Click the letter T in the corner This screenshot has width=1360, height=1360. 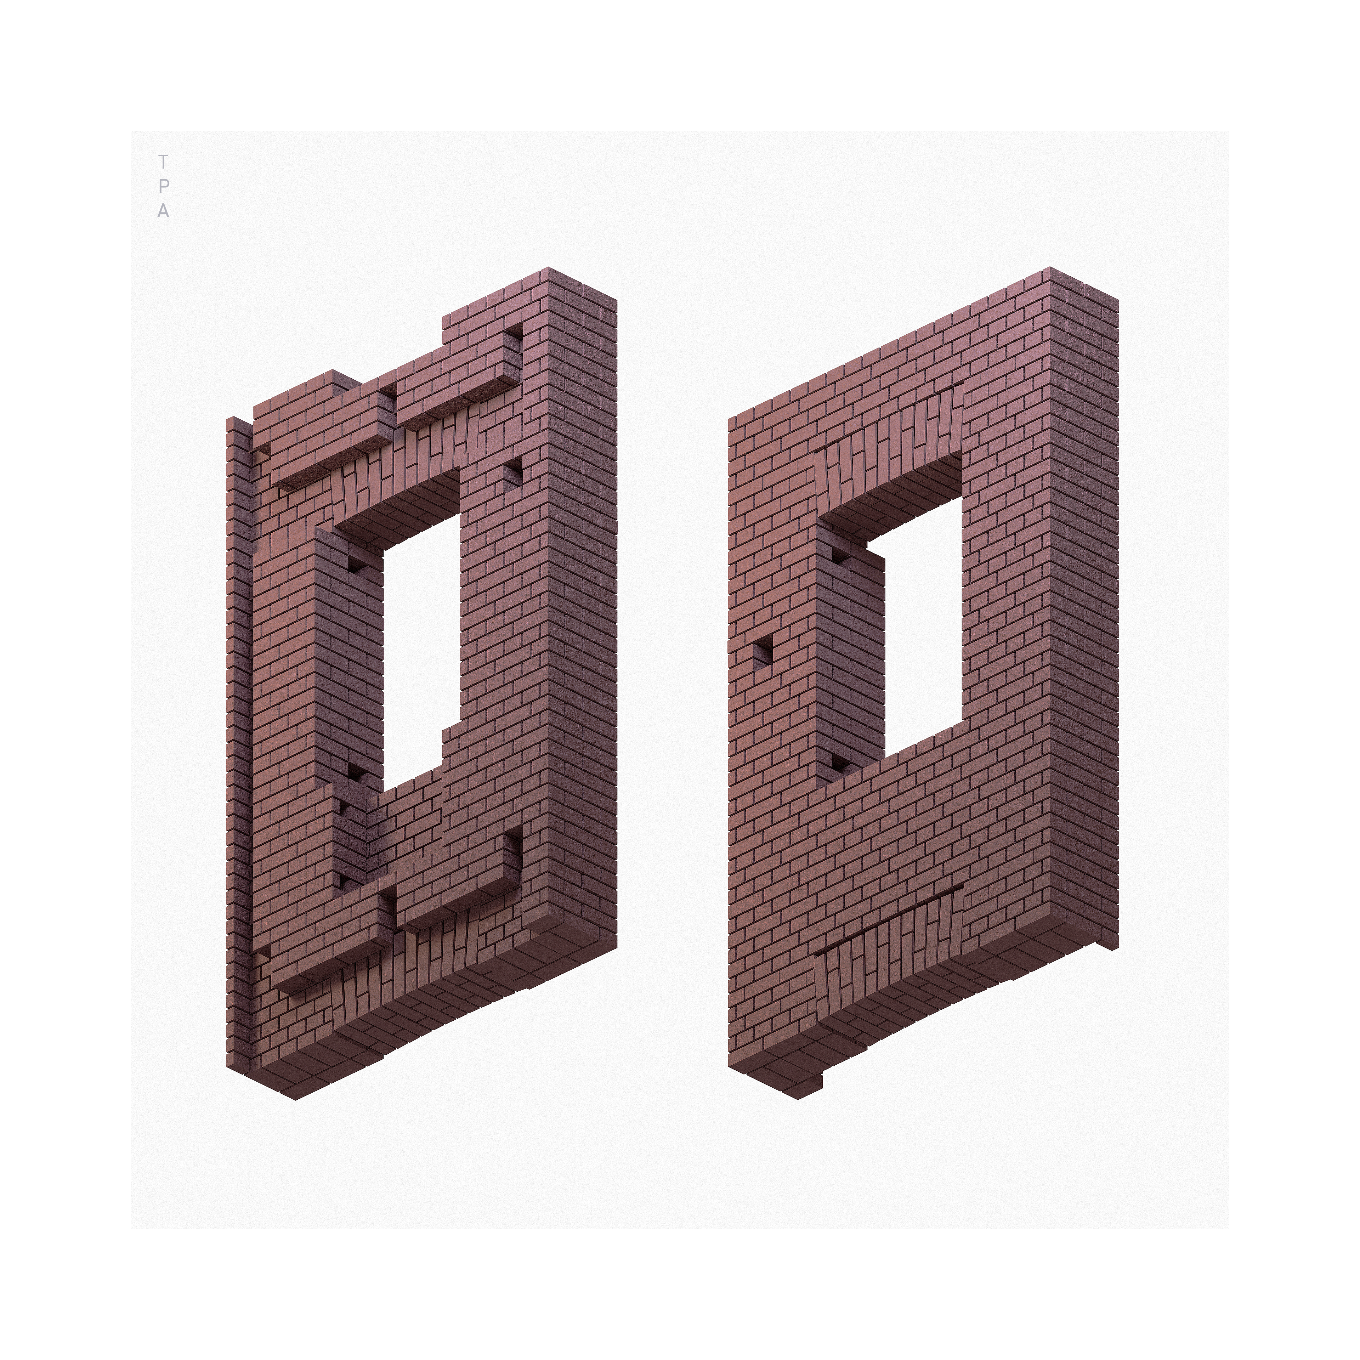point(163,162)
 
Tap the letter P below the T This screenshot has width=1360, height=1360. point(163,187)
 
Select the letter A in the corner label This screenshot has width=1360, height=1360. point(163,211)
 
